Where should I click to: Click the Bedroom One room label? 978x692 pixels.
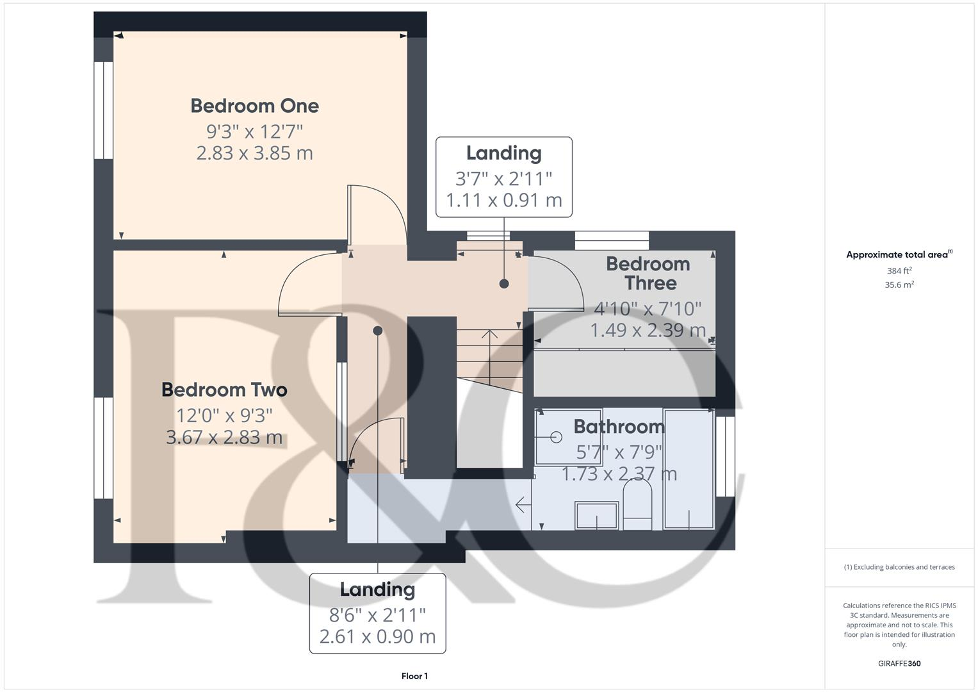click(254, 106)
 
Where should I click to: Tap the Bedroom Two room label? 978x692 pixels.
click(224, 390)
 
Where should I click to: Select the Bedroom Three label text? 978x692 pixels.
click(648, 274)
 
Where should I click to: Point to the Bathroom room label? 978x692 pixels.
click(619, 427)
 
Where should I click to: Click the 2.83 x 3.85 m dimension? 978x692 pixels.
click(254, 153)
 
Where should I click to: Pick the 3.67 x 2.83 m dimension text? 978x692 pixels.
click(224, 437)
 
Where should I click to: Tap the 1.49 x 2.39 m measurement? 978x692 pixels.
click(648, 330)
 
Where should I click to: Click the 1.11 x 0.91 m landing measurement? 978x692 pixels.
click(503, 200)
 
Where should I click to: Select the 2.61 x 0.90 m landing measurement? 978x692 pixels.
click(377, 636)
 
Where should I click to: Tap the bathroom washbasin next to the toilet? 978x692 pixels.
click(596, 515)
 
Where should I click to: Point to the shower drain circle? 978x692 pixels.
click(556, 437)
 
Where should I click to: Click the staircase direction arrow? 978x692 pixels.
click(490, 334)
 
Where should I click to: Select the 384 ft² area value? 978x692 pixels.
click(899, 271)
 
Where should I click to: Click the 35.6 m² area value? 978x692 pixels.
click(899, 285)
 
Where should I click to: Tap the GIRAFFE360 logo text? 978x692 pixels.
click(899, 664)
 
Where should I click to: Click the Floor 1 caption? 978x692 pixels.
click(414, 676)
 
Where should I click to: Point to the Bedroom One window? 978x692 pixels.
click(103, 110)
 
